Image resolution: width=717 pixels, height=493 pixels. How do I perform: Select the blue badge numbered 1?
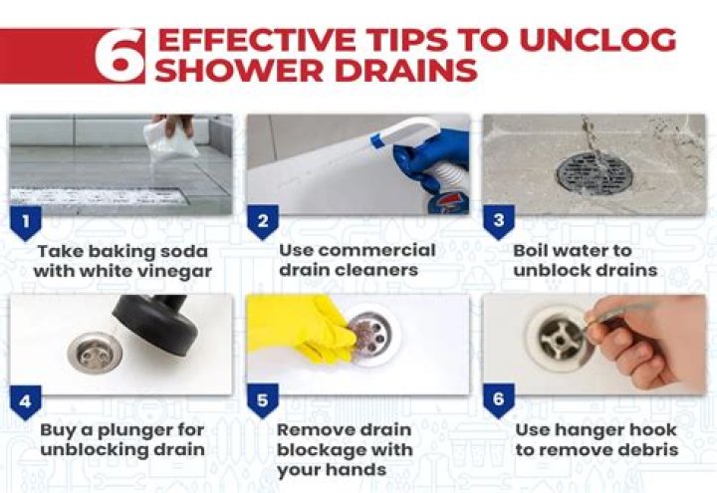[25, 221]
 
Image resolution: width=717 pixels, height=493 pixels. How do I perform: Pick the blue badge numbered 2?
[261, 221]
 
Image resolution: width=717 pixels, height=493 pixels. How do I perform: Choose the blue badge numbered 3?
[498, 221]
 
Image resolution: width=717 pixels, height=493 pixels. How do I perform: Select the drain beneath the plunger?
[95, 354]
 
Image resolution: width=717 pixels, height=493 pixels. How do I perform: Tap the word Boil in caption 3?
[536, 250]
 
